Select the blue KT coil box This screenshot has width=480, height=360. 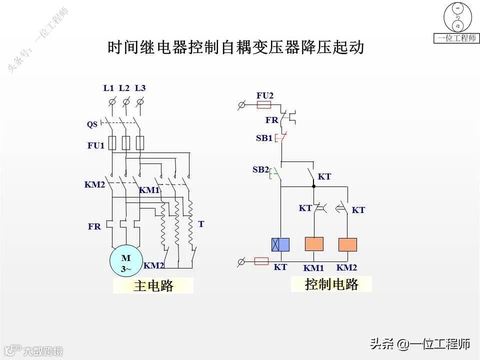coord(280,244)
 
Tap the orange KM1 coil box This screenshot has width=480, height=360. coord(314,244)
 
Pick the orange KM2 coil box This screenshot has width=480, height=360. coord(347,244)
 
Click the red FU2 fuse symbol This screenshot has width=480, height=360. coord(263,105)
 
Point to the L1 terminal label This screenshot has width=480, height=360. coord(109,88)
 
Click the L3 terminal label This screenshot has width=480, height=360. coord(140,88)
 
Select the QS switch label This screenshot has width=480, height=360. coord(92,124)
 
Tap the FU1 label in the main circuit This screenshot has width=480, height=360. coord(96,146)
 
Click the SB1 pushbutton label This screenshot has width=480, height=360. coord(264,138)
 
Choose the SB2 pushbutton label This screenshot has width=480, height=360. coord(260,170)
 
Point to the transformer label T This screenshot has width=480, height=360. coord(201,224)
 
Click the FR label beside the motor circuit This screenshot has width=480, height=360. coord(94,226)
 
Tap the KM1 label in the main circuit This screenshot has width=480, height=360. coord(149,190)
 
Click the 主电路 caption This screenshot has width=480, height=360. coord(153,286)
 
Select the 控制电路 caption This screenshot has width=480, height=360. coord(331,284)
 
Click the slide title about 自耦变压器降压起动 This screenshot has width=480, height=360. coord(235,47)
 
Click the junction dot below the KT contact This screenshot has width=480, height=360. coord(313,186)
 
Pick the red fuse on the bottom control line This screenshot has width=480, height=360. coord(261,261)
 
